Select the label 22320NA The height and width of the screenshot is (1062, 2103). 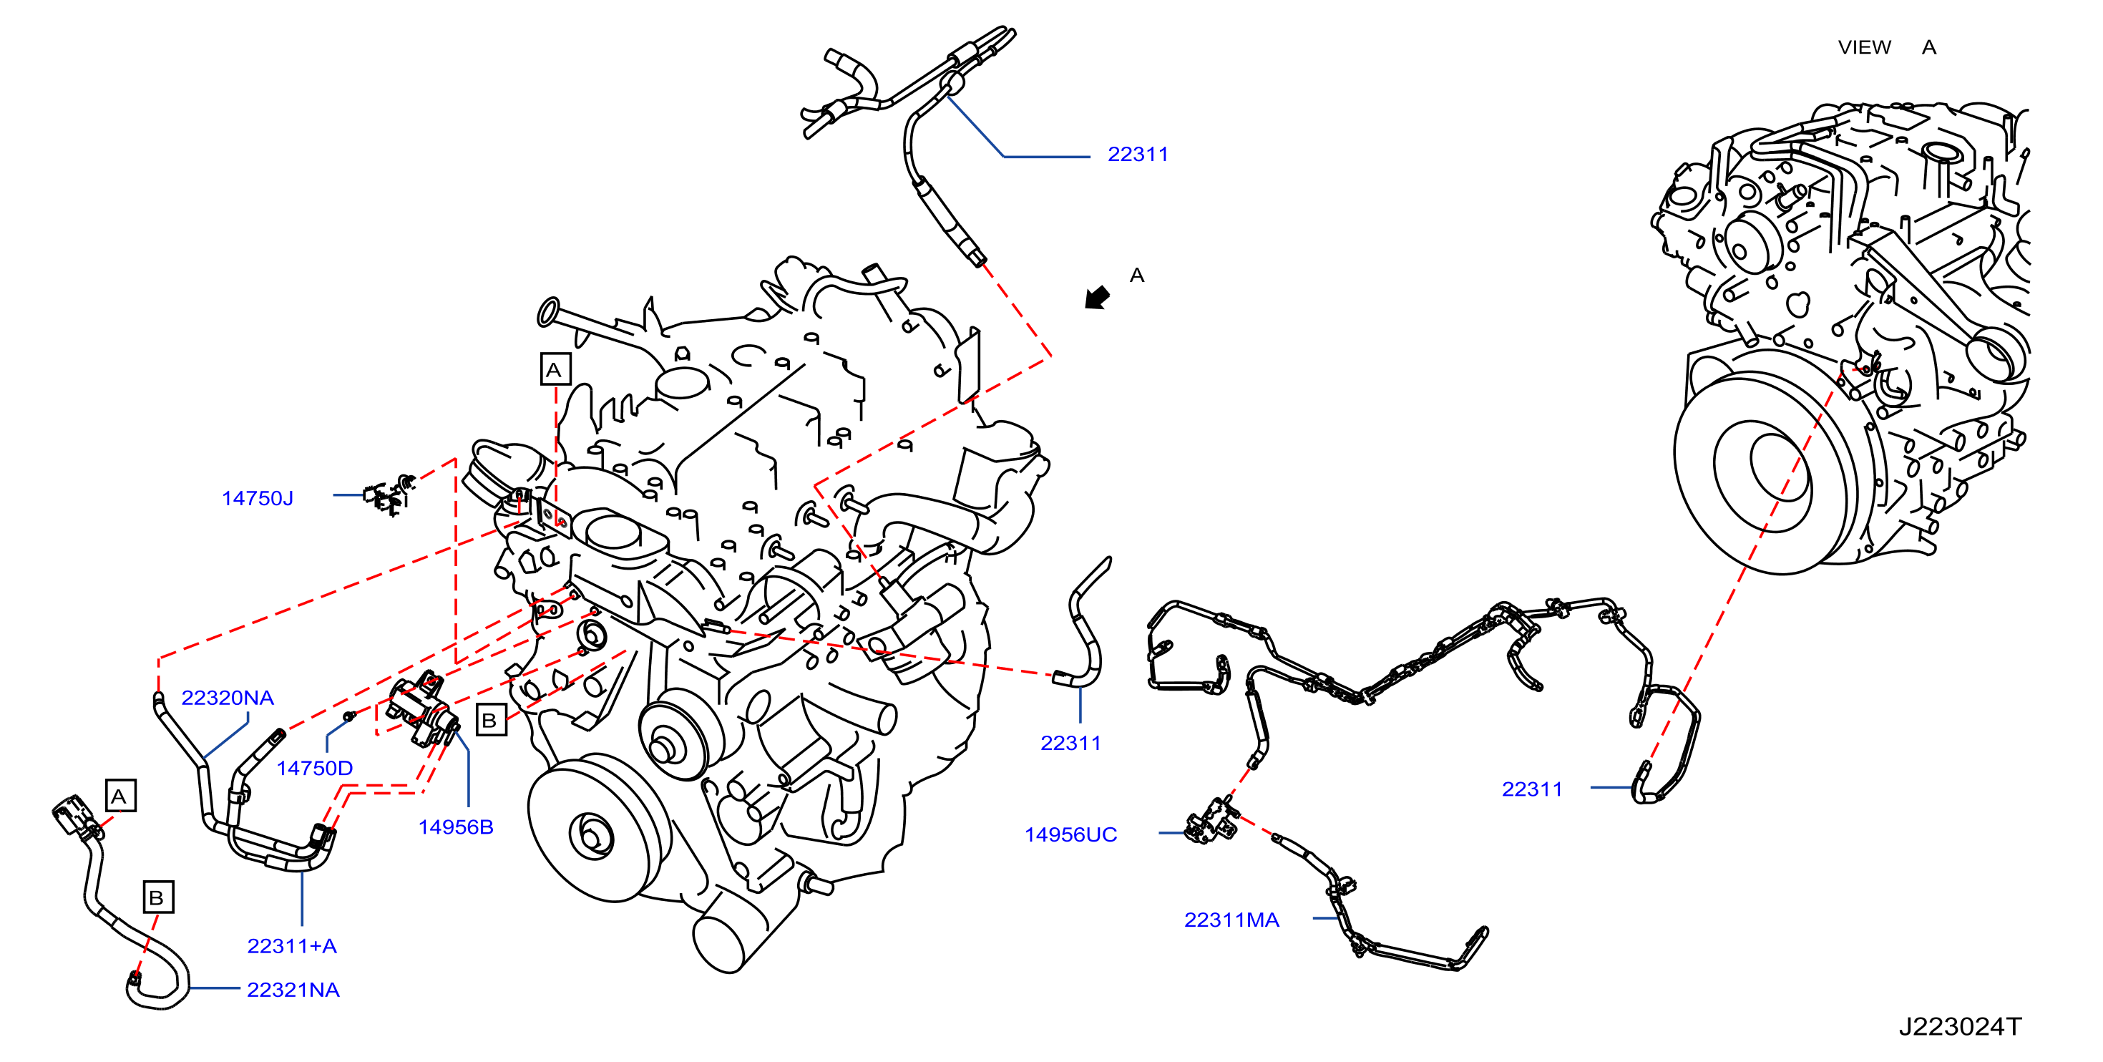click(227, 698)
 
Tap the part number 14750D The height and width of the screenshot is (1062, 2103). click(314, 768)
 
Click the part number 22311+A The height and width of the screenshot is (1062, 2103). click(291, 946)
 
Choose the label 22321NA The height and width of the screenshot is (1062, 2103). click(293, 990)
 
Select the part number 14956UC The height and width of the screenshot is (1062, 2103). click(1070, 834)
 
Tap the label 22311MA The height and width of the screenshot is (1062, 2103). click(1231, 920)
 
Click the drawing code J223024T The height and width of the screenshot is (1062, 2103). click(1959, 1026)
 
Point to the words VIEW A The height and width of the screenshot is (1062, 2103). click(1887, 47)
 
